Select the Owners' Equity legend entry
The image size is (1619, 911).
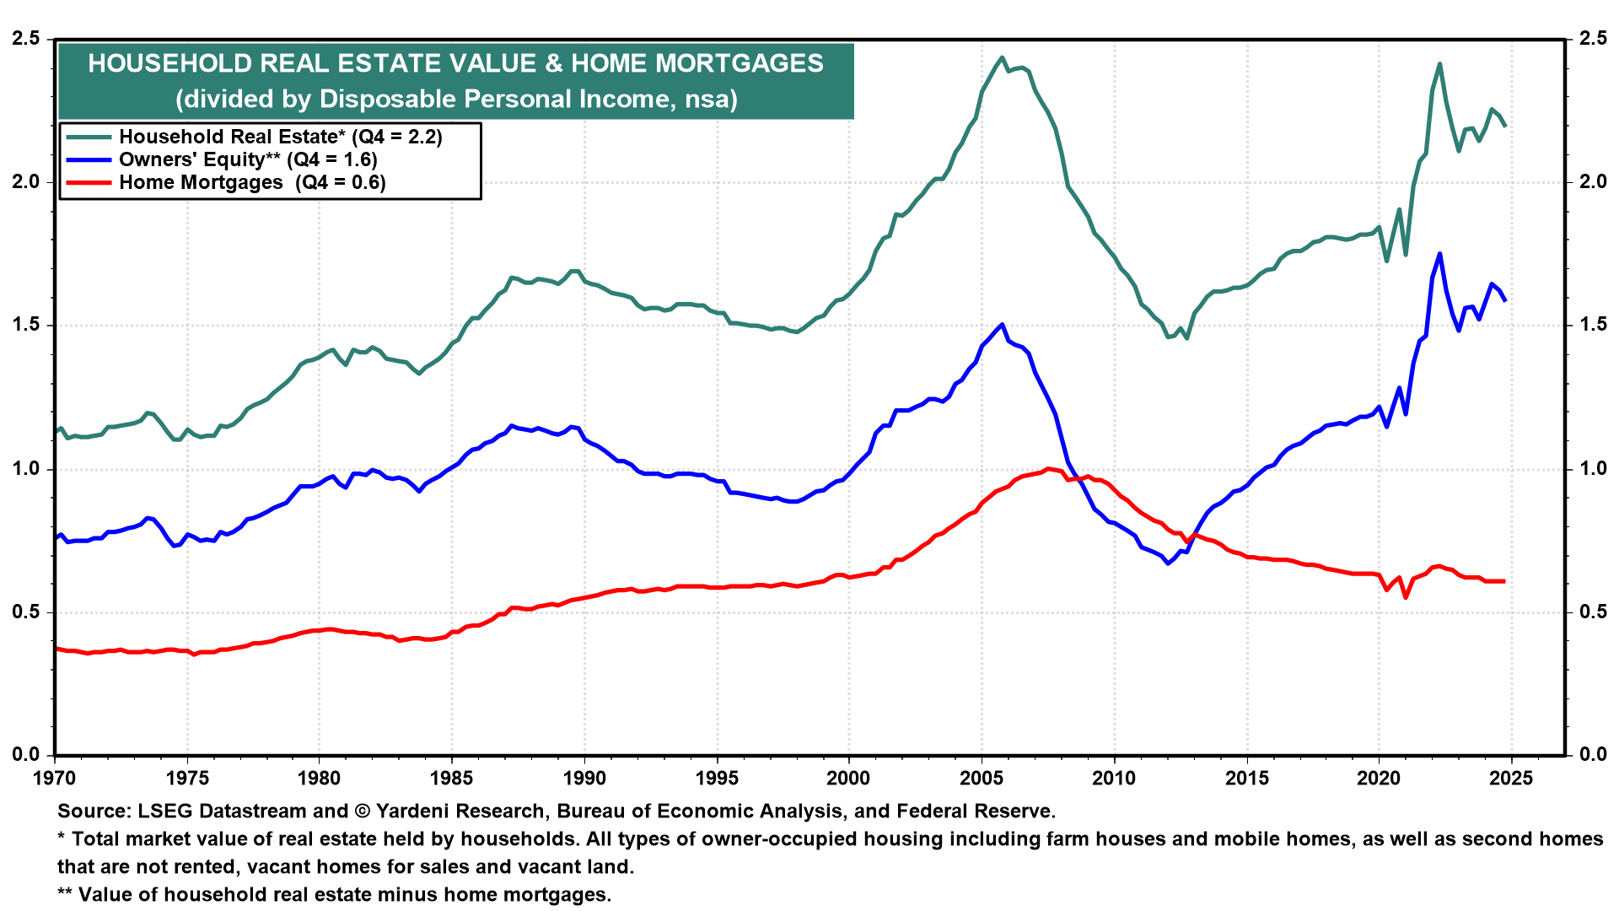point(248,159)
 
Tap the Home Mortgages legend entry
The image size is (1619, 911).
point(252,182)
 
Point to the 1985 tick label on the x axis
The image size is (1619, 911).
point(451,778)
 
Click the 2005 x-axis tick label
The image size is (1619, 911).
point(982,778)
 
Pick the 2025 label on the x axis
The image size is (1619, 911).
point(1511,778)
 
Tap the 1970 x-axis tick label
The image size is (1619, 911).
point(55,778)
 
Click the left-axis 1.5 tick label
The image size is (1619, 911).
point(26,326)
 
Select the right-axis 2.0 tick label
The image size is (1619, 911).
point(1593,182)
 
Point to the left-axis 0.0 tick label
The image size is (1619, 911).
point(26,755)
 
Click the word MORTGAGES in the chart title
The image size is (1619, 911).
point(740,63)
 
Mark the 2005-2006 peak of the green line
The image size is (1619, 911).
point(1001,57)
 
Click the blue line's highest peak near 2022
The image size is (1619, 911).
point(1439,253)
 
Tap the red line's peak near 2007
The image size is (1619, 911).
point(1047,468)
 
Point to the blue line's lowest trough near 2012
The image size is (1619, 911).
point(1168,563)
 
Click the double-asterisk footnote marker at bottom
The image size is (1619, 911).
point(65,894)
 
